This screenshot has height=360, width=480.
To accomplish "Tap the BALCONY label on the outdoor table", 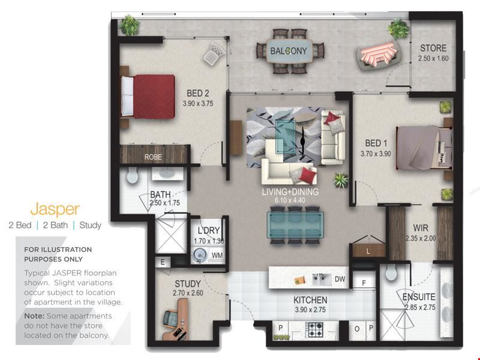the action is tap(289, 51).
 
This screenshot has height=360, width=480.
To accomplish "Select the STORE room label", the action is tap(433, 48).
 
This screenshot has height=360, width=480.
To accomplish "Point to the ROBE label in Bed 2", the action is tap(153, 157).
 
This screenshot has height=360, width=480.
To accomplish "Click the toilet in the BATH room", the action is tap(132, 176).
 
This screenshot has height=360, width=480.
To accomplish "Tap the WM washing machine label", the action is tap(217, 256).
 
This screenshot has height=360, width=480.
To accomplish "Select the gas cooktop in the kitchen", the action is tap(316, 329).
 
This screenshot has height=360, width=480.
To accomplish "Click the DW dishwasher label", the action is tap(340, 279).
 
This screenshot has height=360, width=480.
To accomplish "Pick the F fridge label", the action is tap(364, 283).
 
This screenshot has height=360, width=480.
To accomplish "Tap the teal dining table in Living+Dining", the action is tap(295, 224).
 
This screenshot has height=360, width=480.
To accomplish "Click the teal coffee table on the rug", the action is tap(286, 136).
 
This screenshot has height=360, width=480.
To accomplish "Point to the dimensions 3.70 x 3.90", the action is tap(376, 154).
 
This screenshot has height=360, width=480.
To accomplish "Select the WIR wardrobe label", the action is tap(421, 228).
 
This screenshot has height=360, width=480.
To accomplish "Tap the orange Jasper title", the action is tap(55, 209).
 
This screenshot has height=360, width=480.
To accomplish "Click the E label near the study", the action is tap(163, 262).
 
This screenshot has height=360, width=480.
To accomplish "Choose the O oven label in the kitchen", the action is tap(356, 329).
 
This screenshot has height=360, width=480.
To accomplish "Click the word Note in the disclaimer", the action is tap(34, 316).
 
